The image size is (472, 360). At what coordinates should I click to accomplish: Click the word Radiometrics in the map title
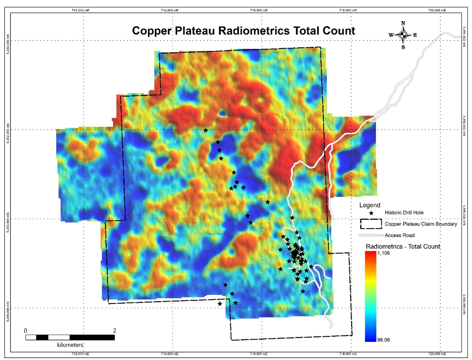[254, 31]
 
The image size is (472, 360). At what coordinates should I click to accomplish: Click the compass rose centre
[403, 35]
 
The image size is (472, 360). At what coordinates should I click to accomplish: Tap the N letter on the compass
[403, 23]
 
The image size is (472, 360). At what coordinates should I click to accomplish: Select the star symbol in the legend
[371, 213]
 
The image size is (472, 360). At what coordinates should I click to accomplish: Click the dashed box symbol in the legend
[371, 224]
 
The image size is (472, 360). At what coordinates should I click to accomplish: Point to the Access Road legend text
[400, 235]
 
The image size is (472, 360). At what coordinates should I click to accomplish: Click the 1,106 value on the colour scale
[383, 253]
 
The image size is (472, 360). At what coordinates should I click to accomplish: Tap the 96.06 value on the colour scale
[383, 340]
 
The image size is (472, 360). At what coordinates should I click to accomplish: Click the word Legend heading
[369, 205]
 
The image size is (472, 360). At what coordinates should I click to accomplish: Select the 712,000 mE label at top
[81, 10]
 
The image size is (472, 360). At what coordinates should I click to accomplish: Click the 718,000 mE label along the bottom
[348, 354]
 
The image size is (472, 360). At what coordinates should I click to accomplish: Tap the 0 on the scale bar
[25, 331]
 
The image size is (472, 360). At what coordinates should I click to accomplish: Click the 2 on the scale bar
[115, 331]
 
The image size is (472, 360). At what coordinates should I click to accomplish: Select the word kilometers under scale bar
[70, 345]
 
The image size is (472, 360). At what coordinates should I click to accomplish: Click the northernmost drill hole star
[206, 130]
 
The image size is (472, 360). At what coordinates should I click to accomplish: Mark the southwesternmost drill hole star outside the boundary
[220, 304]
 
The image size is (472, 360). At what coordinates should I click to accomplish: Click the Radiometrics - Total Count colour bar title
[403, 246]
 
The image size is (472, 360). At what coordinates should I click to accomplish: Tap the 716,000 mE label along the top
[259, 10]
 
